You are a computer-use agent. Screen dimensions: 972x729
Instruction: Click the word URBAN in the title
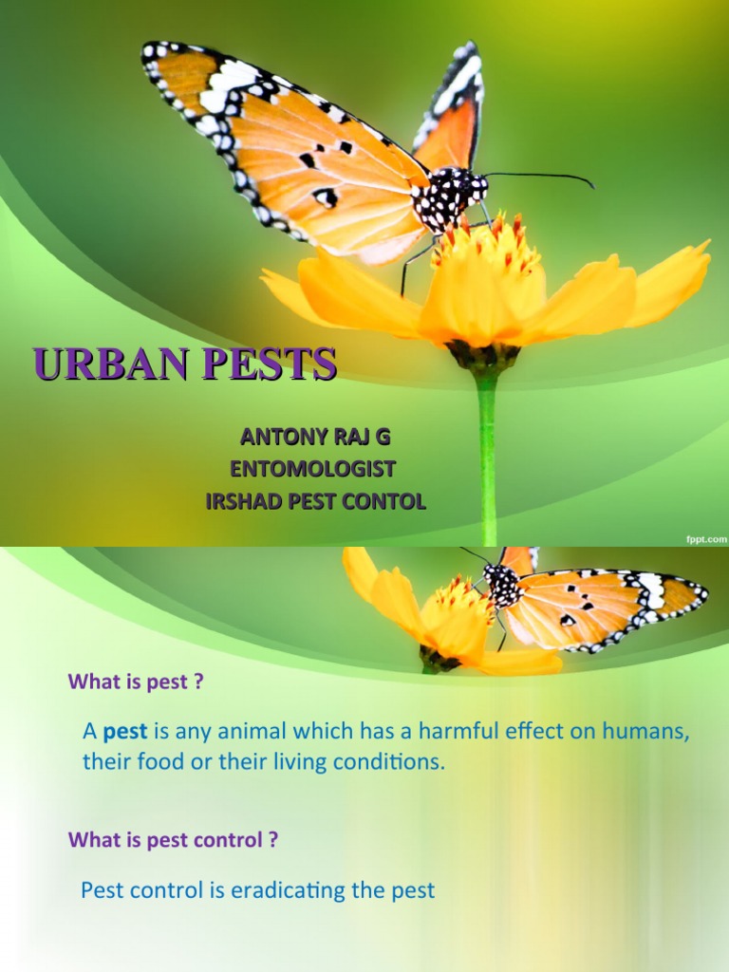[96, 364]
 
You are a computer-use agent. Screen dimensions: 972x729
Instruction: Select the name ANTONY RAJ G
[315, 438]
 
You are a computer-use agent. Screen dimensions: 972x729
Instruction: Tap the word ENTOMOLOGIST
[314, 469]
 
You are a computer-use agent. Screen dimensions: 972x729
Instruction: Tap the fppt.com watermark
[705, 537]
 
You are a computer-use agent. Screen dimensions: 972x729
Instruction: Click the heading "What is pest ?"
[136, 682]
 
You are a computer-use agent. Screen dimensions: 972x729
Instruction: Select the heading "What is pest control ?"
[173, 840]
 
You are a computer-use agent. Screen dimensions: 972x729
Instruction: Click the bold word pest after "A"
[124, 732]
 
